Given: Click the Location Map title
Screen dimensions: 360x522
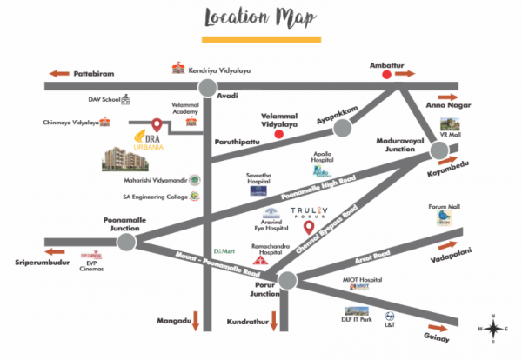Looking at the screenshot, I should click(260, 17).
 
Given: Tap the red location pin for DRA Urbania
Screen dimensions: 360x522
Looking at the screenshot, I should click(157, 125).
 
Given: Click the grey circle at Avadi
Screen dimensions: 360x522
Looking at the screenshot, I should click(207, 86).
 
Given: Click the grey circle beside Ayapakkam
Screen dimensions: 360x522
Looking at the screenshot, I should click(343, 129).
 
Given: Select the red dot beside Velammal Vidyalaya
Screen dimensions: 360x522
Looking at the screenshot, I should click(278, 135).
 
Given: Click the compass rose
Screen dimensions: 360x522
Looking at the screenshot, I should click(493, 328).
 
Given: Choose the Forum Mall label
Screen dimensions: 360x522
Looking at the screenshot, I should click(444, 207).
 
